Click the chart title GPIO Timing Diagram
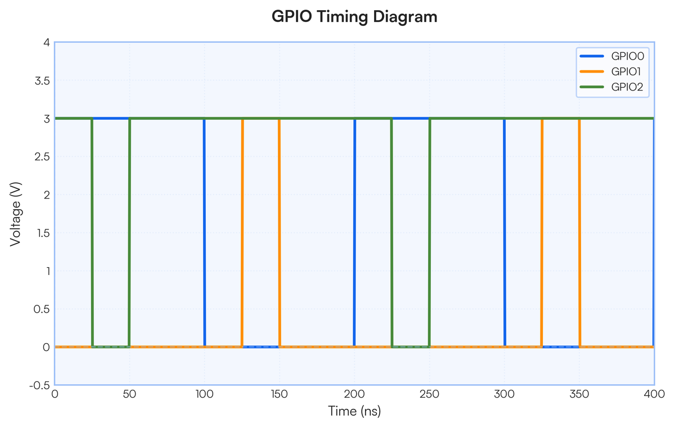[x=354, y=16]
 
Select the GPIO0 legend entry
[x=612, y=56]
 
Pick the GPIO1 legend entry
[x=610, y=71]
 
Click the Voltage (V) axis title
[x=15, y=214]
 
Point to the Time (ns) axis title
[x=354, y=411]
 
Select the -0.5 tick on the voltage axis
[x=39, y=385]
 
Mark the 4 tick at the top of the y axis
[x=47, y=43]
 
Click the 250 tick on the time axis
[x=429, y=394]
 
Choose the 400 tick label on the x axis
[x=654, y=394]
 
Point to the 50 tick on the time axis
[x=129, y=394]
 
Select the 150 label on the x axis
[x=280, y=394]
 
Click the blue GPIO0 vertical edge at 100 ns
[x=204, y=233]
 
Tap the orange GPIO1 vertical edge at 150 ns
[x=280, y=233]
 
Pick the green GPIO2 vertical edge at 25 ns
[x=92, y=233]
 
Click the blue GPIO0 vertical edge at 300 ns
[x=505, y=233]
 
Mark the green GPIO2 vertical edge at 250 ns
[x=429, y=233]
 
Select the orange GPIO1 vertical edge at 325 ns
[x=542, y=233]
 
